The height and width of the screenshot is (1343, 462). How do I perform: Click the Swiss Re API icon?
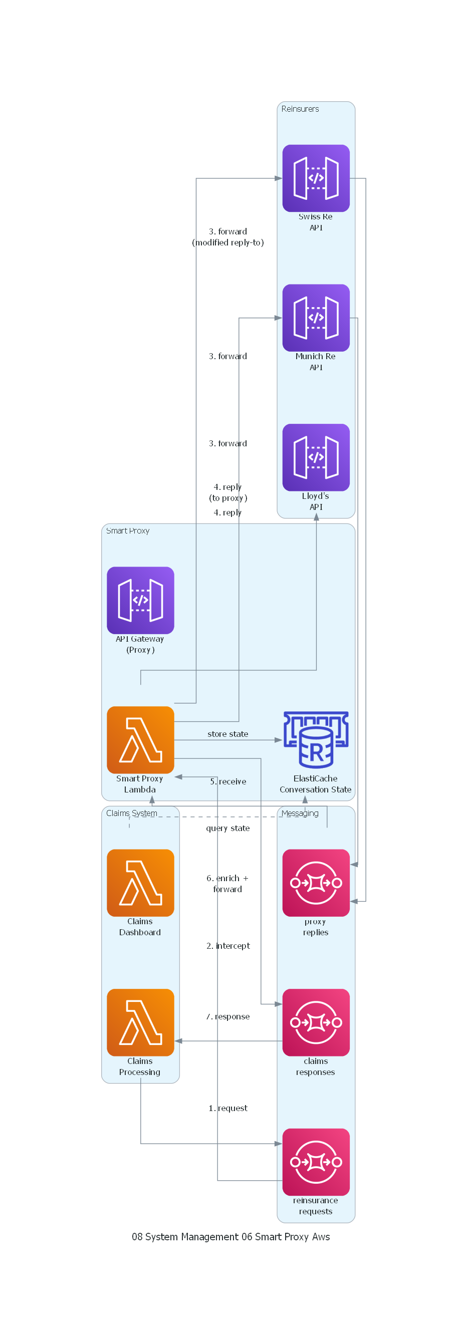[x=316, y=178]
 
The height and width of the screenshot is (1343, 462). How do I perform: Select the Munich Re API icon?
[x=316, y=318]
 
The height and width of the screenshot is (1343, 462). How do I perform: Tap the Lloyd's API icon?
[x=316, y=457]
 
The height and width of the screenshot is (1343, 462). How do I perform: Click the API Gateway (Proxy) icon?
[x=140, y=600]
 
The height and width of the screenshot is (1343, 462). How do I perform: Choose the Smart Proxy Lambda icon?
[x=140, y=740]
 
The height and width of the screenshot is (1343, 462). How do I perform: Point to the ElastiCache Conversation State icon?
[x=316, y=740]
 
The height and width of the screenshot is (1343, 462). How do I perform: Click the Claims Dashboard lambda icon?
[x=140, y=883]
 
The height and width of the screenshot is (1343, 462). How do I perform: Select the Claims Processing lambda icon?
[x=140, y=1022]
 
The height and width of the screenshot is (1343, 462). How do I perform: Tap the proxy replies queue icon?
[x=316, y=883]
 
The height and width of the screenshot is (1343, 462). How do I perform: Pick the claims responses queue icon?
[x=316, y=1022]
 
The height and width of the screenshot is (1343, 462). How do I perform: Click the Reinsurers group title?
[x=300, y=109]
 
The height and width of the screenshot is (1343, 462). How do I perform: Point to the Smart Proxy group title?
[x=128, y=530]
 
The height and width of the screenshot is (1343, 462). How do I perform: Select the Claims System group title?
[x=131, y=814]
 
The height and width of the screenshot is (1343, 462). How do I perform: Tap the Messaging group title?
[x=300, y=814]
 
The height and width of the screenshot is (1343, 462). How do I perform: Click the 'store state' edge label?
[x=228, y=734]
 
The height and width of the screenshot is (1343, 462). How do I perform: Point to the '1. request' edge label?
[x=228, y=1108]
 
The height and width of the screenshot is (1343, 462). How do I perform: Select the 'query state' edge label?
[x=228, y=828]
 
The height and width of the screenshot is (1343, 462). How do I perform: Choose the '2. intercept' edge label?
[x=228, y=946]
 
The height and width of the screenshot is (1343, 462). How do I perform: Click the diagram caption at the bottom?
[x=230, y=1237]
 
